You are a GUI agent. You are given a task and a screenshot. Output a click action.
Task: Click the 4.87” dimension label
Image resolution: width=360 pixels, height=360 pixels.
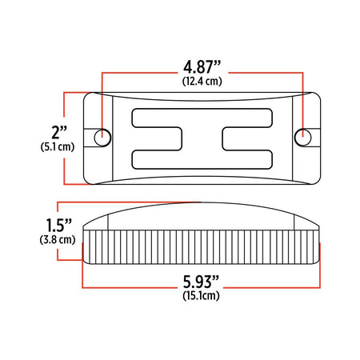coord(202,66)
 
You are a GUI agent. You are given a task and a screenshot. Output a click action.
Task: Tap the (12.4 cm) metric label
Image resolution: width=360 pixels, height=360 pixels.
coord(202,81)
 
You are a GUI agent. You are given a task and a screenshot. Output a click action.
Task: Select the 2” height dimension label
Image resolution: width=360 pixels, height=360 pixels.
coord(59,132)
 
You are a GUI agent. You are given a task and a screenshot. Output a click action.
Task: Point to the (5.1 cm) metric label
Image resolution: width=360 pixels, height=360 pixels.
coord(58,147)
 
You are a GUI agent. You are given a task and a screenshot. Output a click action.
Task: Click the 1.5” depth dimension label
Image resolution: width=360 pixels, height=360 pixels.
coord(59,225)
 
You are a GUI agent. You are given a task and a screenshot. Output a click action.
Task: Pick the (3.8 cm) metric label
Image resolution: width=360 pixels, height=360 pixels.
coord(58,240)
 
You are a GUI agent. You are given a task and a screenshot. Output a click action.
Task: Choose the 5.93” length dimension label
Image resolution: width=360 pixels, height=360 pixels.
coord(201,282)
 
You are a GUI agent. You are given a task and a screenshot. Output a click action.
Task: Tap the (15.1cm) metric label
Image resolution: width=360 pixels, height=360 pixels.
coord(201,296)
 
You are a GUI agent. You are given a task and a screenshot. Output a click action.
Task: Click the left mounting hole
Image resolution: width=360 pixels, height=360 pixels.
coord(102,138)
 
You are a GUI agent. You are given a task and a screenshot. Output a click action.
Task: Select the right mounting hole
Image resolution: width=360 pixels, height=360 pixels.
coord(302,138)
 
